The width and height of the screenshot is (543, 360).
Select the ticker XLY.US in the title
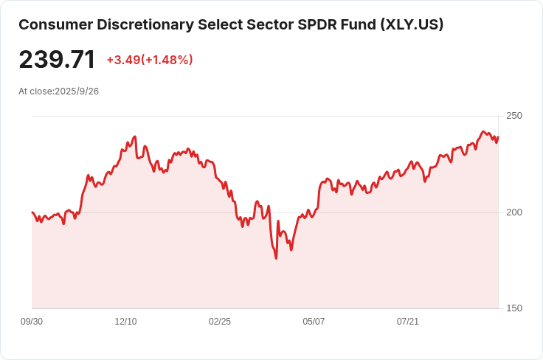[x=412, y=24]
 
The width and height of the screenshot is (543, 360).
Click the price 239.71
[x=57, y=60]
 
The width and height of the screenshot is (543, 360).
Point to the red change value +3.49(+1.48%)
[x=150, y=60]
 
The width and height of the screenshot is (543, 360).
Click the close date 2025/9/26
[x=77, y=91]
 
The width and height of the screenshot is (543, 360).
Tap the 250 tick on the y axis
[x=513, y=116]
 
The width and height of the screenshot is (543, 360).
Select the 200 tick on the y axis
[x=513, y=212]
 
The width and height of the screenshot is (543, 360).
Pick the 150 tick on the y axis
[x=513, y=308]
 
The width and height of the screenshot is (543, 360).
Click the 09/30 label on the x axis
[x=32, y=322]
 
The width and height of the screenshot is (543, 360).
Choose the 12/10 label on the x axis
[x=125, y=322]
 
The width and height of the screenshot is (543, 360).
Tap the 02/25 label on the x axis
[x=220, y=322]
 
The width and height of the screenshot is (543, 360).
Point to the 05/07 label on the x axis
[x=314, y=322]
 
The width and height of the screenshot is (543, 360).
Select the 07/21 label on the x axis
[x=408, y=322]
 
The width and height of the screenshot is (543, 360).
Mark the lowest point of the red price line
[x=276, y=257]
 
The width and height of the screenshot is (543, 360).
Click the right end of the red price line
[x=498, y=136]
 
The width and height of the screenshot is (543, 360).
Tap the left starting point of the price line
[x=32, y=212]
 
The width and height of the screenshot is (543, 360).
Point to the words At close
[x=35, y=91]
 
